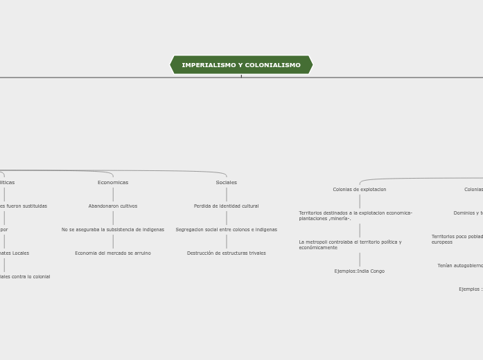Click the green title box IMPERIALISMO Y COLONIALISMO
click(x=241, y=65)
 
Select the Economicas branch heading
click(x=113, y=183)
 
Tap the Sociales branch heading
click(x=226, y=183)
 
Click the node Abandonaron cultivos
click(x=113, y=206)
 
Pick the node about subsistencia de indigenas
click(x=113, y=230)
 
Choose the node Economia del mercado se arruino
click(x=113, y=253)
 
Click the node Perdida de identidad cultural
click(x=226, y=206)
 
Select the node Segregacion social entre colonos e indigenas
click(x=226, y=230)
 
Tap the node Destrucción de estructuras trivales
click(x=226, y=253)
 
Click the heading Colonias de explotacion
click(x=359, y=190)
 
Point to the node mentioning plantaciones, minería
click(x=355, y=216)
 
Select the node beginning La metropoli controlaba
click(x=350, y=245)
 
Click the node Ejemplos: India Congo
click(x=359, y=271)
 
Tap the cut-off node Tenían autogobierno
click(x=460, y=266)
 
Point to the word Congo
click(x=377, y=271)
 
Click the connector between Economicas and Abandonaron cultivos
click(x=113, y=195)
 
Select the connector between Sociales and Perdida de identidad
click(x=226, y=195)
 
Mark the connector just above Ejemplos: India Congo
click(x=359, y=260)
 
